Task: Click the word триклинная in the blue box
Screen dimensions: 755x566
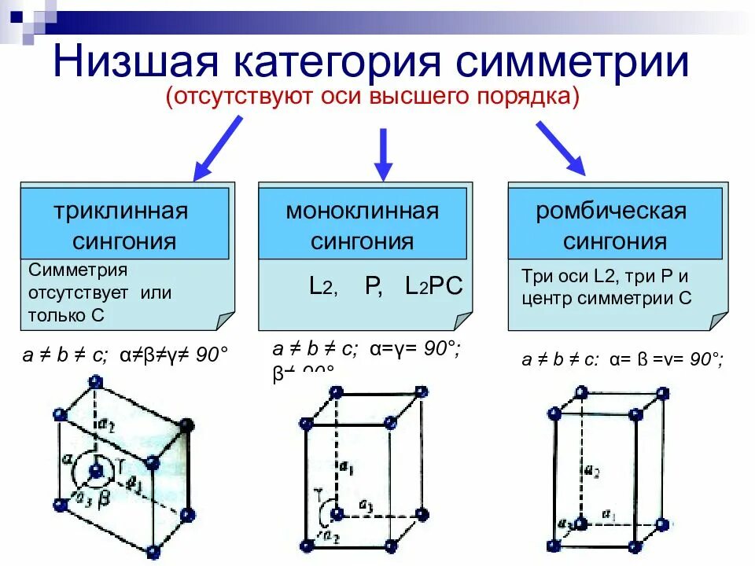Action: (x=121, y=211)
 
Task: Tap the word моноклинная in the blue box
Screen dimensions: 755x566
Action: (x=363, y=211)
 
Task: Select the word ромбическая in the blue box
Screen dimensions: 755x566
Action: (x=612, y=211)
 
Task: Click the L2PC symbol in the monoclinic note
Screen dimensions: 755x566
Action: (x=434, y=286)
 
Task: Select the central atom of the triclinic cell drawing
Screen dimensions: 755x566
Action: (x=97, y=471)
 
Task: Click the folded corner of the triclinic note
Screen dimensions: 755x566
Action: (x=224, y=321)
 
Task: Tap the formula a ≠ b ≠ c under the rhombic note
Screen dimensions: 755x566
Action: (x=559, y=360)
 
